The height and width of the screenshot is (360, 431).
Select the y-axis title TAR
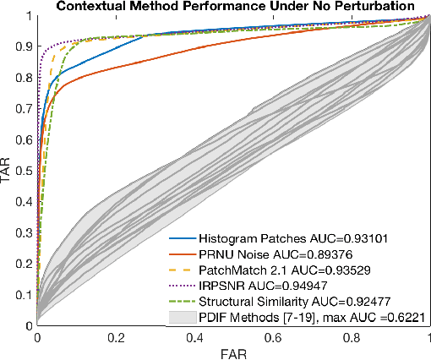7,169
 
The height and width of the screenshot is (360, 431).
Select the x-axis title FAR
233,351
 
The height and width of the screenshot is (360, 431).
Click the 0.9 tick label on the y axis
24,47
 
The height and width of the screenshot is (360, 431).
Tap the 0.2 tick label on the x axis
116,335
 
